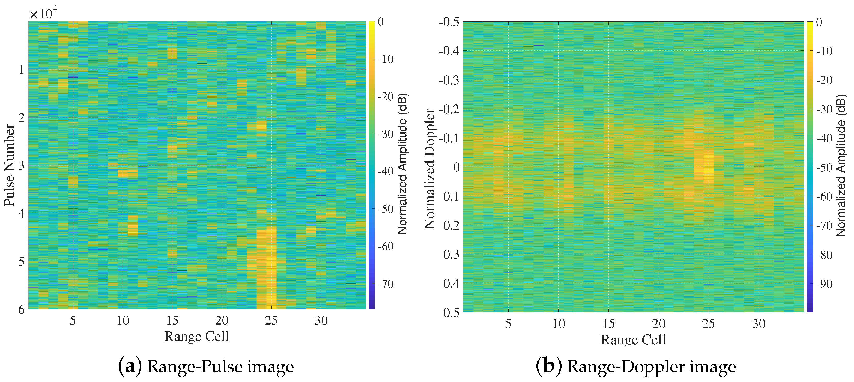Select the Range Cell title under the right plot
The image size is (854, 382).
(633, 339)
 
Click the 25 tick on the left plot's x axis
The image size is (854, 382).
(271, 320)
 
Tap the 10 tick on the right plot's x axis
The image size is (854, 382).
(559, 323)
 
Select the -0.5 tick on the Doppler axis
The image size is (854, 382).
(449, 22)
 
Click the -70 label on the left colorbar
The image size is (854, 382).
(386, 284)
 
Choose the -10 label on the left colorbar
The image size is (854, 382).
(386, 59)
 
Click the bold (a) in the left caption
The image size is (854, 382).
(130, 366)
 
